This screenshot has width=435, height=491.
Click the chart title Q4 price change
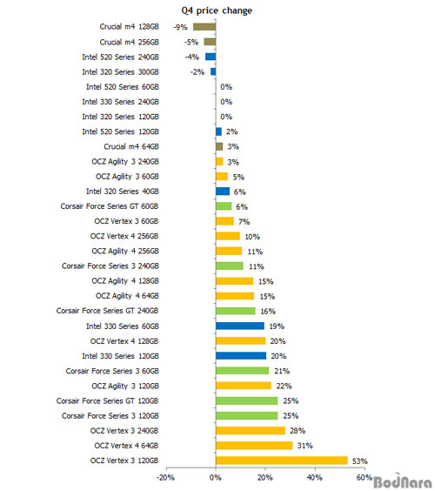pyautogui.click(x=217, y=11)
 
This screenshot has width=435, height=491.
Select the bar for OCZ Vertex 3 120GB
pyautogui.click(x=282, y=461)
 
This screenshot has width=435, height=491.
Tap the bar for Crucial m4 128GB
pyautogui.click(x=204, y=27)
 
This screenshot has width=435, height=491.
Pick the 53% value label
pyautogui.click(x=360, y=461)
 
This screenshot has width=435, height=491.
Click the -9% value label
pyautogui.click(x=181, y=27)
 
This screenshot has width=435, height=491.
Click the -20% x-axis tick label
pyautogui.click(x=165, y=478)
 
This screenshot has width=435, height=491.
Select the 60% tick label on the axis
pyautogui.click(x=365, y=478)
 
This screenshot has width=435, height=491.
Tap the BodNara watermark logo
pyautogui.click(x=403, y=481)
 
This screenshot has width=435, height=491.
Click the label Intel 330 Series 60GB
pyautogui.click(x=123, y=326)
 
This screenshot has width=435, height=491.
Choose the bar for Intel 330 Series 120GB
pyautogui.click(x=241, y=356)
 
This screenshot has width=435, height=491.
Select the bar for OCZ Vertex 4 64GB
pyautogui.click(x=254, y=445)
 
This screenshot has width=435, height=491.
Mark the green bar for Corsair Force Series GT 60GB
pyautogui.click(x=224, y=206)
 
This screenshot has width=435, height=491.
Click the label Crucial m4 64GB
pyautogui.click(x=131, y=146)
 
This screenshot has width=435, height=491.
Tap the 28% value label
pyautogui.click(x=298, y=431)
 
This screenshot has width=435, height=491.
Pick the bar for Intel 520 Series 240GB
pyautogui.click(x=211, y=57)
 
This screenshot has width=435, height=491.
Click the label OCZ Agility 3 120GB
pyautogui.click(x=125, y=387)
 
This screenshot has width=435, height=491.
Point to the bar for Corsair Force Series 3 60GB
pyautogui.click(x=242, y=371)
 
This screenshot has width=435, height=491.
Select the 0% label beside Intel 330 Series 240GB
pyautogui.click(x=226, y=102)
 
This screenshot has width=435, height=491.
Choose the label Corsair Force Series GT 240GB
pyautogui.click(x=107, y=311)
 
